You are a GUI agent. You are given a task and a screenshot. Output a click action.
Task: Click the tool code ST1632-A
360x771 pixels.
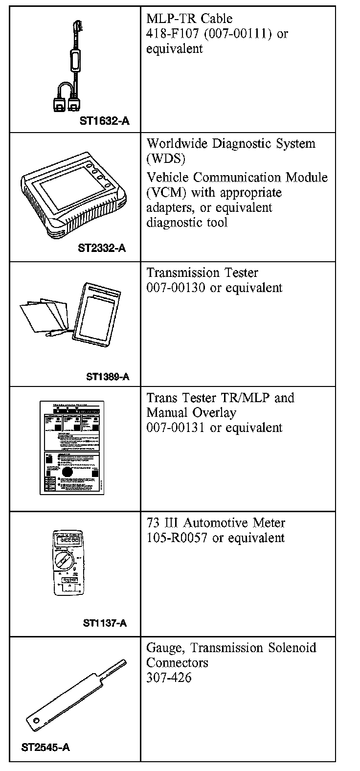104,121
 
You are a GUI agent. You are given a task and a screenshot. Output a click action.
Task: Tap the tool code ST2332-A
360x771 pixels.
102,248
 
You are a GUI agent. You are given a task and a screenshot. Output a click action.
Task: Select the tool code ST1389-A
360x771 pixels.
108,376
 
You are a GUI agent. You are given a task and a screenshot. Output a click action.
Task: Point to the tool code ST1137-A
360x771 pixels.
105,623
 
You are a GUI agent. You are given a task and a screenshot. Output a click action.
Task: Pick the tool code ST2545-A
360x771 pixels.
45,748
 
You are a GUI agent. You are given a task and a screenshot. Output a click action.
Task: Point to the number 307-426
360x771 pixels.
169,678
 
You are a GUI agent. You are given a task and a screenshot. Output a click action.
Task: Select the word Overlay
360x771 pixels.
214,412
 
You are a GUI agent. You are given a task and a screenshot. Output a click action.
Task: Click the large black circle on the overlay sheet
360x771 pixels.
68,473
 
